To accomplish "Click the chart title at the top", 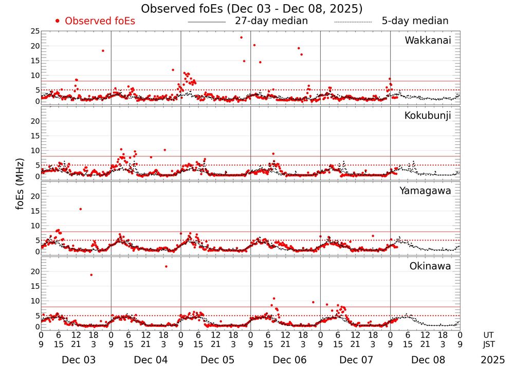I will point(252,8).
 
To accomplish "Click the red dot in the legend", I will point(58,21).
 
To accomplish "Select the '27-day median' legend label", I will point(271,21).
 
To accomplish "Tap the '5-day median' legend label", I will point(415,21).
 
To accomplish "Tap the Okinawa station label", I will point(430,266).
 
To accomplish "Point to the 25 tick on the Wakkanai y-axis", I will point(34,31).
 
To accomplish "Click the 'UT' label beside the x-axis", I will point(489,335).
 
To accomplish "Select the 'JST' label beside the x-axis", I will point(489,343).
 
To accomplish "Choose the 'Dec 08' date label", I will point(425,360).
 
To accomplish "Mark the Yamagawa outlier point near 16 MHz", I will point(81,209).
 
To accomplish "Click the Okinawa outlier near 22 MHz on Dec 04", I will point(166,266).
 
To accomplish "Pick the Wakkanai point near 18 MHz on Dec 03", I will point(103,50).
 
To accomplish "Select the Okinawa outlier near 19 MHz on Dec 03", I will point(91,275).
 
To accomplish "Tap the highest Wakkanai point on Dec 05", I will point(241,38).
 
